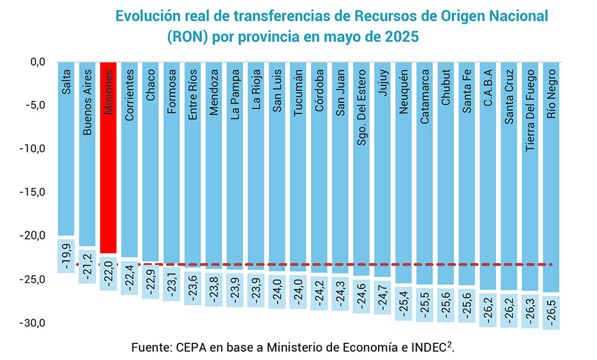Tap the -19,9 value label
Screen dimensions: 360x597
(66, 256)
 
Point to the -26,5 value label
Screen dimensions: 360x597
(550, 312)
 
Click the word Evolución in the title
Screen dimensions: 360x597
(147, 16)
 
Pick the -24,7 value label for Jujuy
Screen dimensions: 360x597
(382, 298)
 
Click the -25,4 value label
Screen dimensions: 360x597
(404, 303)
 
